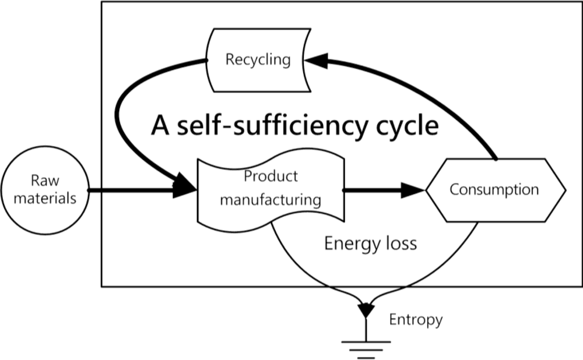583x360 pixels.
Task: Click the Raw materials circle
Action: pyautogui.click(x=45, y=189)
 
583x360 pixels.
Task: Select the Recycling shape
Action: pyautogui.click(x=258, y=60)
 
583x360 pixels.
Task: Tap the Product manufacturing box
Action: pyautogui.click(x=271, y=188)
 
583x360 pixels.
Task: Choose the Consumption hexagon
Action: pyautogui.click(x=495, y=190)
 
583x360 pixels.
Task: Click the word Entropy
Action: pyautogui.click(x=416, y=320)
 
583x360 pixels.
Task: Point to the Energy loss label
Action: pyautogui.click(x=370, y=242)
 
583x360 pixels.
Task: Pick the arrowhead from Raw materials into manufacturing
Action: pyautogui.click(x=184, y=190)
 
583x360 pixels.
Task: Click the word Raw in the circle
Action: pyautogui.click(x=45, y=180)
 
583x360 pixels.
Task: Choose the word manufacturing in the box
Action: pyautogui.click(x=271, y=200)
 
